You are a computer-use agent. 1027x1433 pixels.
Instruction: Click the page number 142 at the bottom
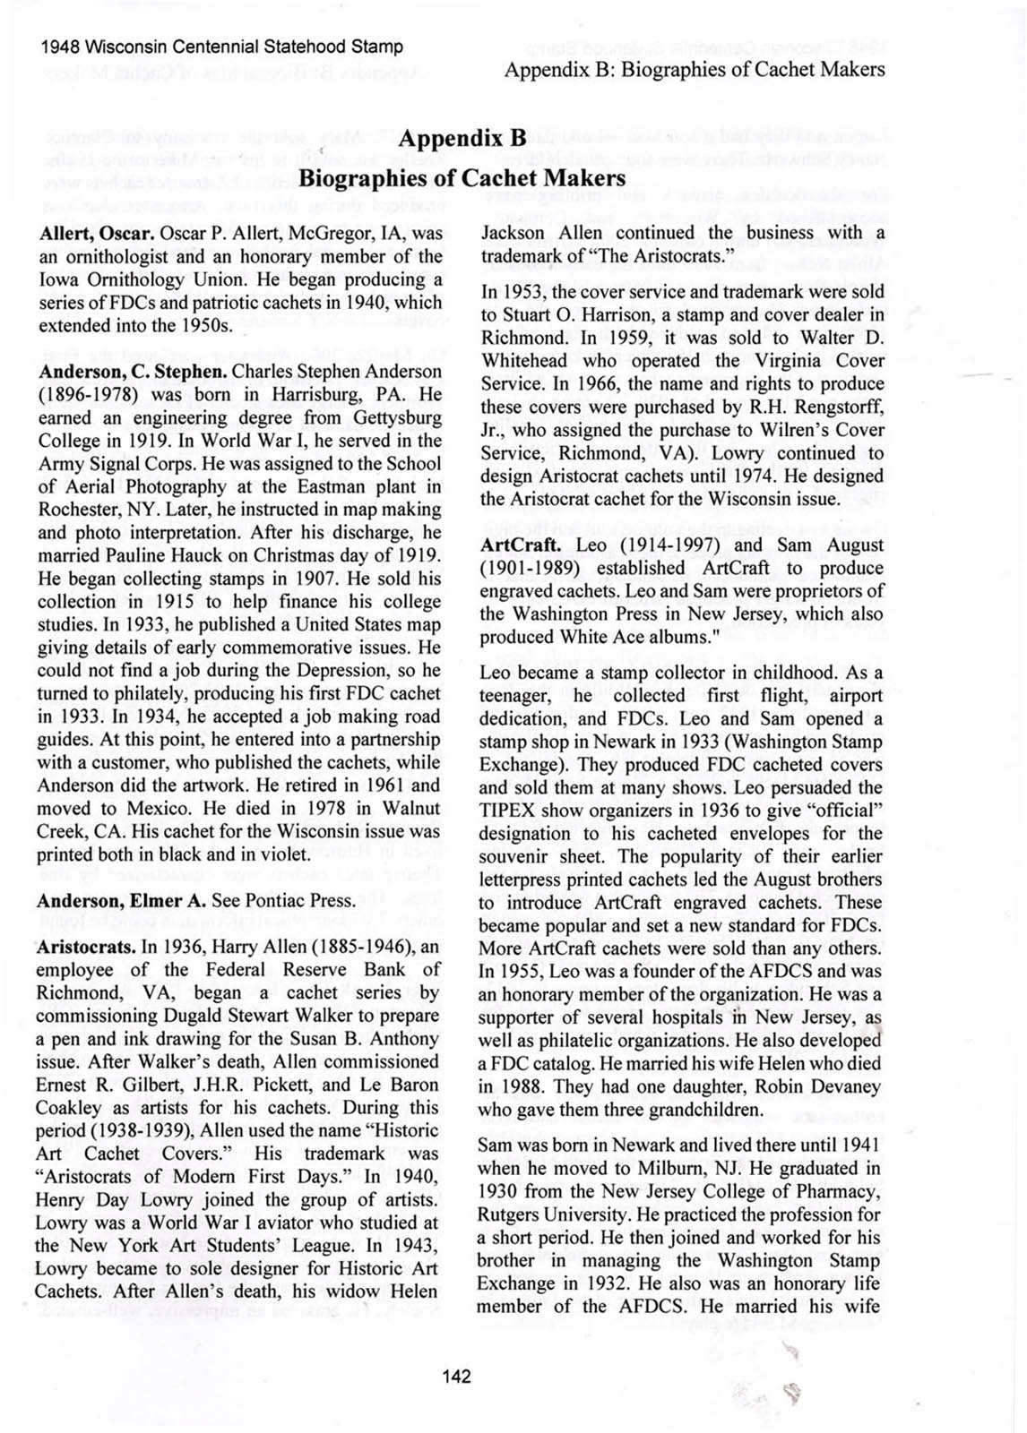coord(456,1377)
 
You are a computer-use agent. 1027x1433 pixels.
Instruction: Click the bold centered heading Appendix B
coord(462,140)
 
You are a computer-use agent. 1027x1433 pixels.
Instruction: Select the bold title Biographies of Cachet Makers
coord(462,177)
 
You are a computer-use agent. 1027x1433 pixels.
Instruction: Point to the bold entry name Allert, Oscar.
coord(96,233)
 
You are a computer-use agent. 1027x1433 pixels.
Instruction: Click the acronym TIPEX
coord(507,811)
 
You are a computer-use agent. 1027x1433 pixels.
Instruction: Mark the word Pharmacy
coord(843,1191)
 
